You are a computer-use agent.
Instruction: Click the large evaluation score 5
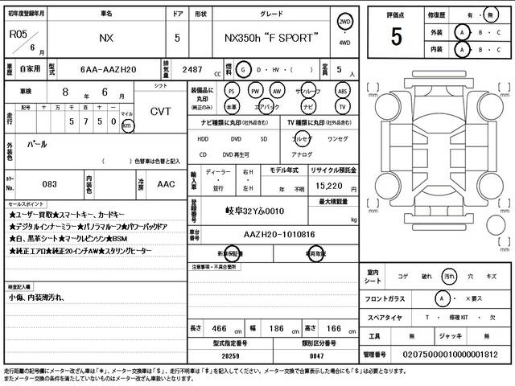pyautogui.click(x=396, y=35)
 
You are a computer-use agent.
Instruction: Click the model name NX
pyautogui.click(x=105, y=38)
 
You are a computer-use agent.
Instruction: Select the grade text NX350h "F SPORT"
pyautogui.click(x=270, y=38)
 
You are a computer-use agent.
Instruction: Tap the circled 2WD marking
pyautogui.click(x=344, y=23)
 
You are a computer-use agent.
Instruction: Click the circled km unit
pyautogui.click(x=127, y=126)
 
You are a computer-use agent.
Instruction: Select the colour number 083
pyautogui.click(x=51, y=184)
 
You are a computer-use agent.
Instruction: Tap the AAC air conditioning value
pyautogui.click(x=166, y=184)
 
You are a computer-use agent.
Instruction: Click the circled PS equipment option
pyautogui.click(x=232, y=91)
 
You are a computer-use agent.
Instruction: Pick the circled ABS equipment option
pyautogui.click(x=343, y=91)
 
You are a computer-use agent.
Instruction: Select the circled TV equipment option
pyautogui.click(x=343, y=106)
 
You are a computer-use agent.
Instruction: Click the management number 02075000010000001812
pyautogui.click(x=453, y=354)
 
